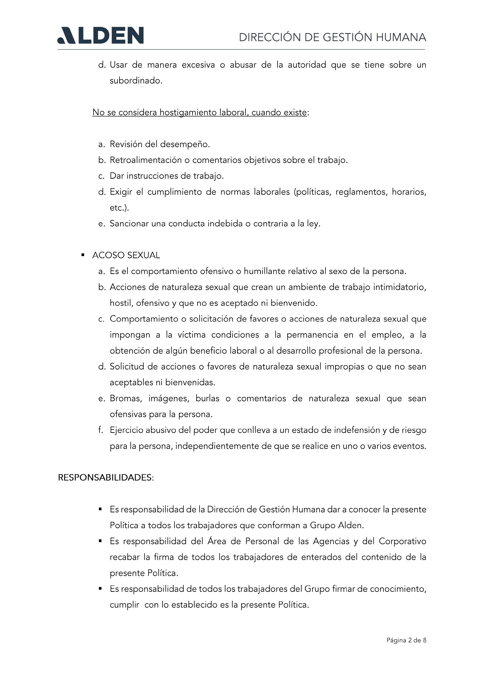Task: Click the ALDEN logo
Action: pos(100,36)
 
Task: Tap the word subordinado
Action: pos(136,81)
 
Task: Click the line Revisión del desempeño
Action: pos(160,144)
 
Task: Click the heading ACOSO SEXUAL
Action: pos(126,255)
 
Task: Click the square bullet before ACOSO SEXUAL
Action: pos(83,255)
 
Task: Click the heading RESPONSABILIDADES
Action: pos(105,478)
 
